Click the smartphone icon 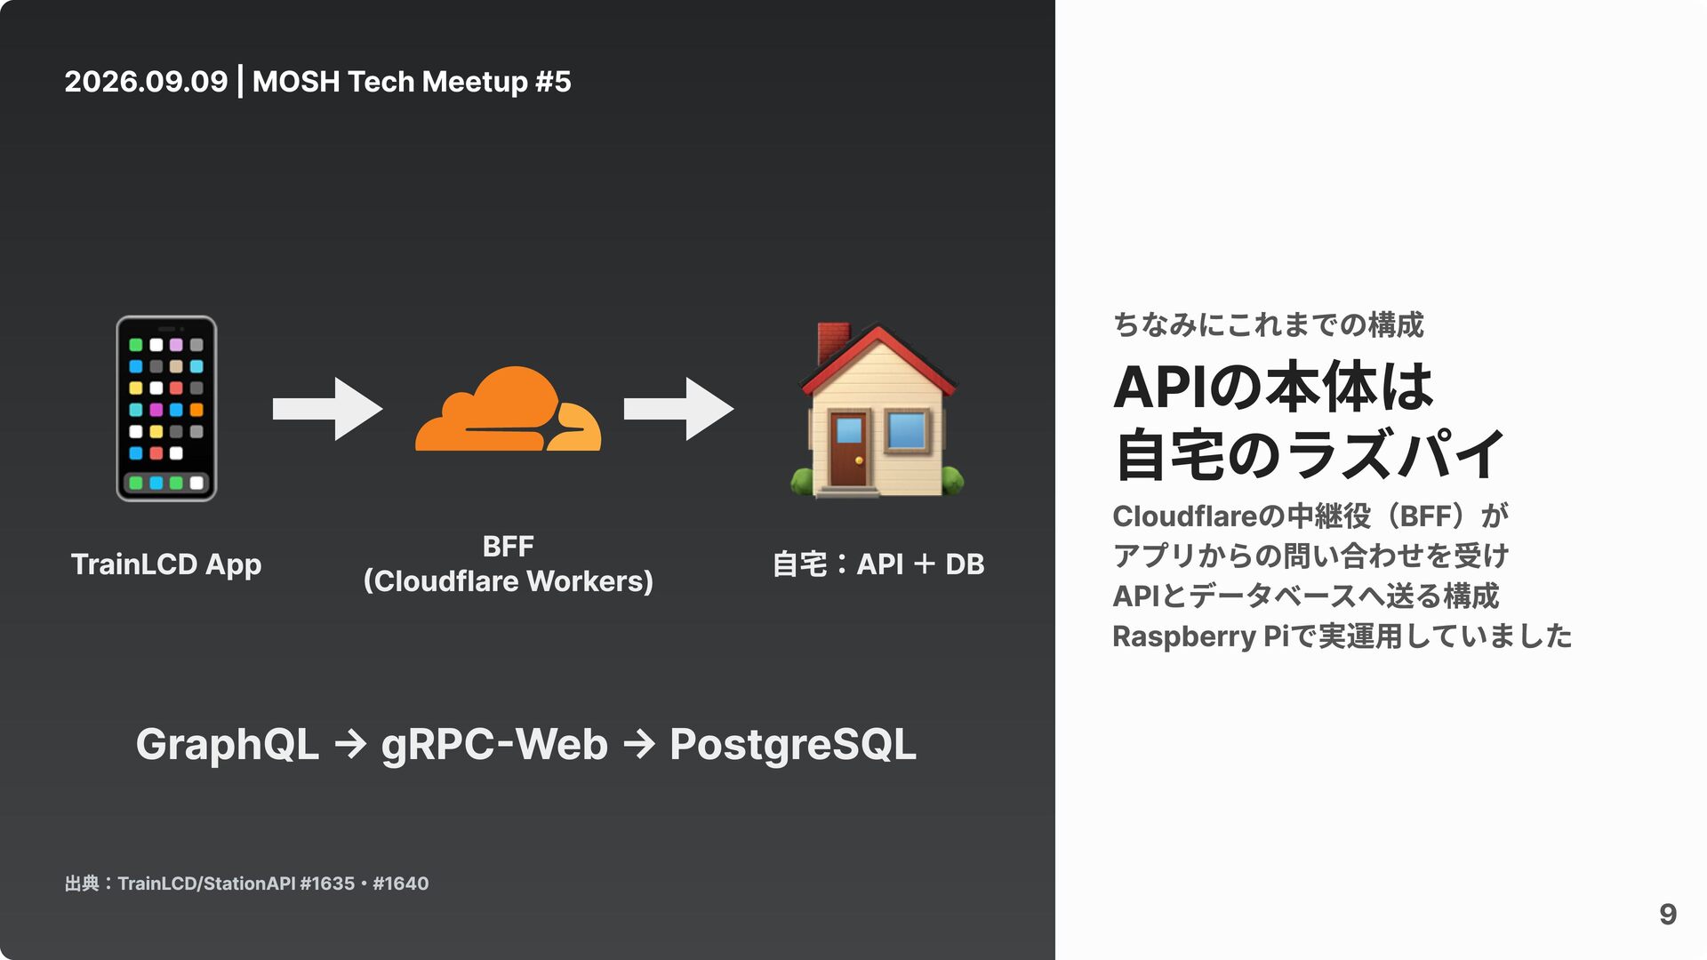[166, 408]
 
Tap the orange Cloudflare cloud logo [508, 409]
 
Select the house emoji [877, 409]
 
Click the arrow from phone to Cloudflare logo [327, 409]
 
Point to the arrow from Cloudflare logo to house [678, 409]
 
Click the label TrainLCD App [166, 564]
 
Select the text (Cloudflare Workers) [508, 581]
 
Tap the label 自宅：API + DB [878, 564]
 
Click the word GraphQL [227, 745]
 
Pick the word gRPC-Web [494, 745]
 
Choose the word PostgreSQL [793, 745]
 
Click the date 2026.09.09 [146, 82]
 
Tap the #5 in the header [553, 82]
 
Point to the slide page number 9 [1668, 914]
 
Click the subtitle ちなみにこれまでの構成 [1268, 324]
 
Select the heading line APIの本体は [1273, 387]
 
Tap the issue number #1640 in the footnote [401, 884]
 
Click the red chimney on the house [832, 342]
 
